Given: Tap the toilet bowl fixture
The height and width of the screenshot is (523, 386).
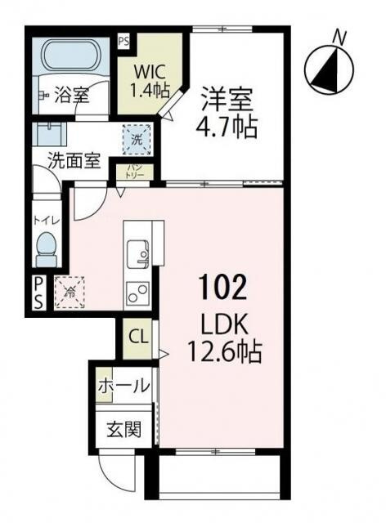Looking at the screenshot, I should click(47, 248).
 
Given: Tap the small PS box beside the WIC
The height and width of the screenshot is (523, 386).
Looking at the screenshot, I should click(123, 39).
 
